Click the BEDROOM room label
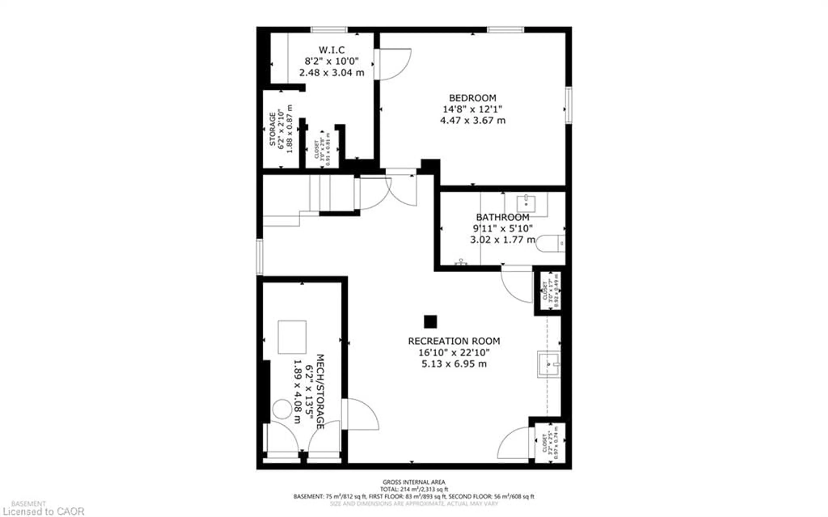click(472, 98)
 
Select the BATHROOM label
click(502, 217)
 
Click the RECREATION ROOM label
click(454, 341)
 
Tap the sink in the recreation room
click(549, 364)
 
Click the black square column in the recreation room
click(430, 322)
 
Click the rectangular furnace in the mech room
click(292, 337)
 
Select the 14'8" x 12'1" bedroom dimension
click(472, 109)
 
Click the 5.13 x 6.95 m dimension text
click(454, 363)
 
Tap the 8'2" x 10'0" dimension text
click(331, 61)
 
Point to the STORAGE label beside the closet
click(273, 129)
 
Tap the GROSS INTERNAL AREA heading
click(414, 482)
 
